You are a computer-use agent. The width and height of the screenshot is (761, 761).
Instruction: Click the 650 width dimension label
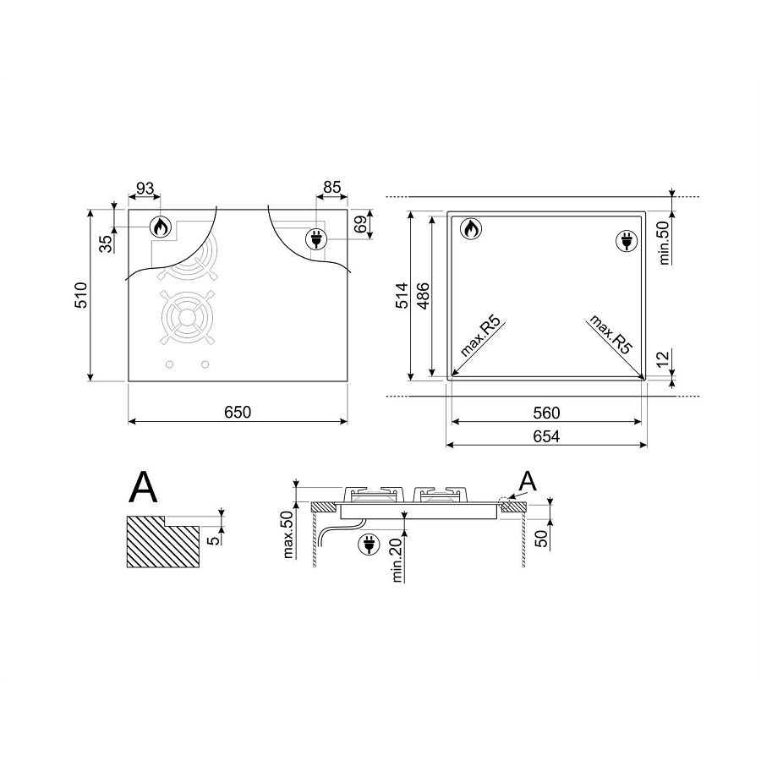click(x=238, y=412)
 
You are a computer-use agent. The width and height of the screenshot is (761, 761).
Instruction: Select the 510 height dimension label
click(x=80, y=295)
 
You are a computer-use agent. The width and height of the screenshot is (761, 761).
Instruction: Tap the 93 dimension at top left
click(x=145, y=189)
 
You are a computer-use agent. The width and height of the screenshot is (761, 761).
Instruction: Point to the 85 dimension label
click(x=332, y=188)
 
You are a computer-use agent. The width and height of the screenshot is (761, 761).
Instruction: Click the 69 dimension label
click(x=360, y=224)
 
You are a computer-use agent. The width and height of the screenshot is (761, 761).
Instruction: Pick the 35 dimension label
click(x=106, y=244)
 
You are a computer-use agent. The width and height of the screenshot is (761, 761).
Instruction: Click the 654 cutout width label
click(x=546, y=436)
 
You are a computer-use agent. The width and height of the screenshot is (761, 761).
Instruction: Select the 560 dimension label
click(x=546, y=413)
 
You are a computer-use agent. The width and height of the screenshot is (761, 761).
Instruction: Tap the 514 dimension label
click(x=402, y=296)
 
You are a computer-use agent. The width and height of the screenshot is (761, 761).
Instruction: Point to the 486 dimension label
click(x=424, y=296)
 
